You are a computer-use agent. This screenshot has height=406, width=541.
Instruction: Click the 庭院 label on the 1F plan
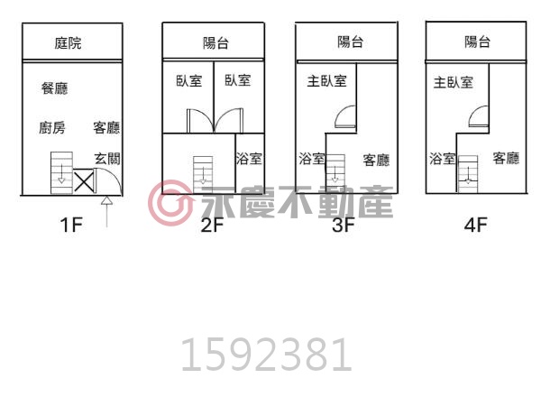tap(68, 43)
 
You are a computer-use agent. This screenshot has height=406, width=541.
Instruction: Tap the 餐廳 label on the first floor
tap(54, 88)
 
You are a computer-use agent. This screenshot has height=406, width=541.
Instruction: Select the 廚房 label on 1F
tap(52, 128)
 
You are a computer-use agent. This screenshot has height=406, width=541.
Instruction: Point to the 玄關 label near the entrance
tap(107, 159)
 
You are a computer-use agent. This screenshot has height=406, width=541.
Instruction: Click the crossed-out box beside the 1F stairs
tap(84, 181)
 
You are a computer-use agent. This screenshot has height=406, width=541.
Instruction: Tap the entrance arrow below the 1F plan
tap(107, 212)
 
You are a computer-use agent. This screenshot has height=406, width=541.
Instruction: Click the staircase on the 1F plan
tap(61, 172)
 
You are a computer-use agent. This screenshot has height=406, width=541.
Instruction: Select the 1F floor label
tap(71, 225)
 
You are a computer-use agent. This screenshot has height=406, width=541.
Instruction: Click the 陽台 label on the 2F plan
tap(215, 43)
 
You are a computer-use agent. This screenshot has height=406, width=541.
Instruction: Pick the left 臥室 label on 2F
tap(189, 81)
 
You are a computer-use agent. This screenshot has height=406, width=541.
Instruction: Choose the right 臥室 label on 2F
tap(238, 80)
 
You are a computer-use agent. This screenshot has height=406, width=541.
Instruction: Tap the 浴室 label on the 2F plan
tap(249, 159)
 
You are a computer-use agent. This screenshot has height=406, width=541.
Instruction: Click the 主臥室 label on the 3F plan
tap(326, 81)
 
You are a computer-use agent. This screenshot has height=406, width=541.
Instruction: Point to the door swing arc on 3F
tap(342, 112)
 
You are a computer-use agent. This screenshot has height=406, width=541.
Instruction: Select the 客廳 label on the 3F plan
tap(376, 161)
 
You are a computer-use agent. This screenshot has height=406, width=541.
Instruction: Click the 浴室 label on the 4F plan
tap(443, 159)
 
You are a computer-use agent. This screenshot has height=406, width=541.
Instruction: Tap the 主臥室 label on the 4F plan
tap(454, 82)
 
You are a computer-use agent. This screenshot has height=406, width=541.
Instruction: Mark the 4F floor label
tap(475, 225)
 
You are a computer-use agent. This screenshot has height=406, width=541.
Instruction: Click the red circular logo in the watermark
tap(170, 203)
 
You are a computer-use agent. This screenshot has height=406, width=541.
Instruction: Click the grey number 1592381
tap(266, 355)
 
